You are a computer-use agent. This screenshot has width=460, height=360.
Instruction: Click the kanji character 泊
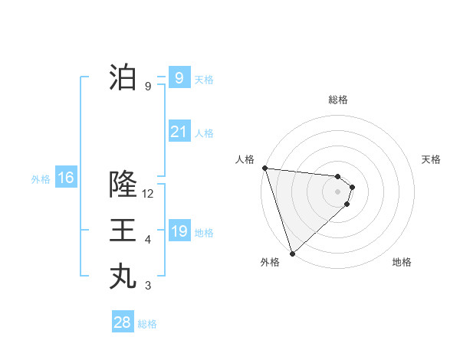tap(123, 77)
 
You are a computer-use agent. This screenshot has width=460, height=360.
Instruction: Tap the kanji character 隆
tap(123, 185)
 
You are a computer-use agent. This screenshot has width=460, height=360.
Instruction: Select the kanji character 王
tap(123, 231)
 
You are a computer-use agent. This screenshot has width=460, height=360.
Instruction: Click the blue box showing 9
tap(179, 78)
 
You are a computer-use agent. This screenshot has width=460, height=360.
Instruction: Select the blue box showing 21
tap(179, 132)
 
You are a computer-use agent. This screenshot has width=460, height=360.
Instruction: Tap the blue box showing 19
tap(179, 231)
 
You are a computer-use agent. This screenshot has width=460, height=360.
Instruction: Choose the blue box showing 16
tap(66, 178)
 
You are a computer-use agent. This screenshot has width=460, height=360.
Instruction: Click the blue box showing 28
tap(122, 322)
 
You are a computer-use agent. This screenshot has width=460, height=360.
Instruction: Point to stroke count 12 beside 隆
tap(148, 194)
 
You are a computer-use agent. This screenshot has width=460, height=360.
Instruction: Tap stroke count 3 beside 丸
tap(148, 286)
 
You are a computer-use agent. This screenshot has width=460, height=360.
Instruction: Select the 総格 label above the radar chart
tap(338, 100)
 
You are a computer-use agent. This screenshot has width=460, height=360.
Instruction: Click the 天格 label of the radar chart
tap(432, 159)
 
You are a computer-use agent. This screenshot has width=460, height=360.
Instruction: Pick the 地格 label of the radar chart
tap(402, 262)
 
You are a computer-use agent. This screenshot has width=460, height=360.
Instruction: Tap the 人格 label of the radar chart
tap(245, 159)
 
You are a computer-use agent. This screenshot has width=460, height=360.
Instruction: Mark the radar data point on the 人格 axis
tap(264, 168)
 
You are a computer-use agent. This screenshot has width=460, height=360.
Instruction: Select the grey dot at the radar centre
tap(338, 191)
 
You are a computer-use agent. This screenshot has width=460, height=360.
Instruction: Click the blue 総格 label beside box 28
tap(147, 324)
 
